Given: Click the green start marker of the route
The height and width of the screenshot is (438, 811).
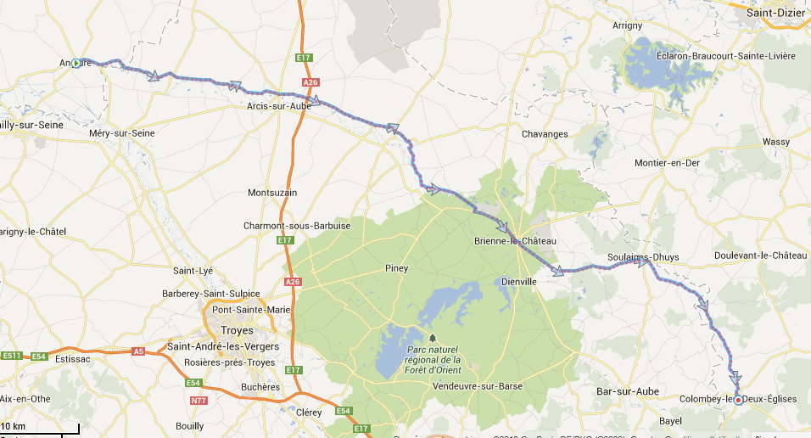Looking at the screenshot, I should [76, 63].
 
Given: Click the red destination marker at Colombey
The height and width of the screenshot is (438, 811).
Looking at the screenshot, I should [738, 400].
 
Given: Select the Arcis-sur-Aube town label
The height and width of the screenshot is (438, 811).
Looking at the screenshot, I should [278, 106].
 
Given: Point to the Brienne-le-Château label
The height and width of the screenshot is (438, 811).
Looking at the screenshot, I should [515, 242].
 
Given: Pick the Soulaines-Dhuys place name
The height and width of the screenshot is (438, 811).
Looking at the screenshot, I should [643, 257].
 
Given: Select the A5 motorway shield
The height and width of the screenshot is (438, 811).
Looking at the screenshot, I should [138, 351].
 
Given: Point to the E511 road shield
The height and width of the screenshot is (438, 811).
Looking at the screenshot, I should [11, 356].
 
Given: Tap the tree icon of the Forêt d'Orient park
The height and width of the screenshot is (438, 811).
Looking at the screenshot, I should [432, 338].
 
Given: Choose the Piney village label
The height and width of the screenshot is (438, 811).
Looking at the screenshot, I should [396, 268].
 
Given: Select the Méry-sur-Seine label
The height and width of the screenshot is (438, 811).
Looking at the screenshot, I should [121, 133].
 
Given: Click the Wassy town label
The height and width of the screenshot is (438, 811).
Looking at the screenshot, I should [775, 142].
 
